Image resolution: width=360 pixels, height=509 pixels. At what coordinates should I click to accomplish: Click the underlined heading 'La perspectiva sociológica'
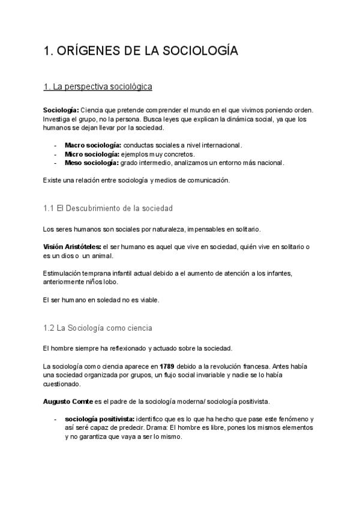[x=98, y=87]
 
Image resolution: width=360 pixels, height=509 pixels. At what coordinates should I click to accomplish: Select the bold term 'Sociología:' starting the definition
[x=61, y=111]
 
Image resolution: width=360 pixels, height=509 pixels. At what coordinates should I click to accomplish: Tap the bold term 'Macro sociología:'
[x=93, y=145]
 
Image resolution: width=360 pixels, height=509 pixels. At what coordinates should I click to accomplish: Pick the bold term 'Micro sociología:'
[x=91, y=154]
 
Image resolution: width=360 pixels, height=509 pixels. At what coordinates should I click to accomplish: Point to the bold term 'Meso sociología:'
[x=92, y=163]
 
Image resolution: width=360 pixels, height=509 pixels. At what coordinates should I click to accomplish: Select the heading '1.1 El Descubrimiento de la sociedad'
[x=108, y=208]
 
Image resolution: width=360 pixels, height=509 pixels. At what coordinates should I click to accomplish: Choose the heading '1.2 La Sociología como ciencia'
[x=98, y=328]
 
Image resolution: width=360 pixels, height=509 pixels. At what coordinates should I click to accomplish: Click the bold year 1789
[x=167, y=366]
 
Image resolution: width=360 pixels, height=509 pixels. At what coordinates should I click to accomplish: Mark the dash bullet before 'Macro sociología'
[x=55, y=145]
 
